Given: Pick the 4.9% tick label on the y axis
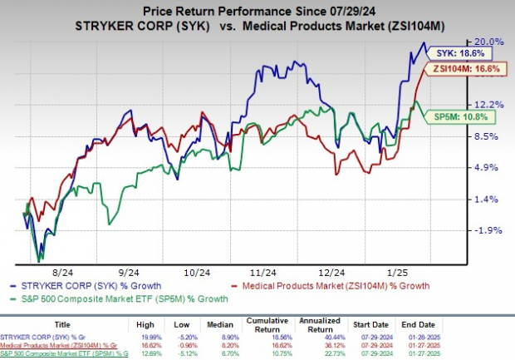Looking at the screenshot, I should (488, 167).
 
